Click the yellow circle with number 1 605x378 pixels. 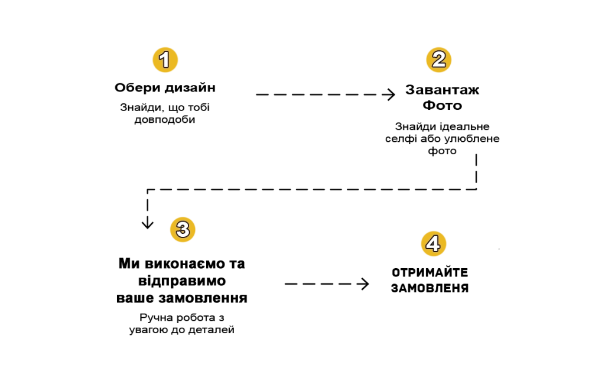pyautogui.click(x=165, y=60)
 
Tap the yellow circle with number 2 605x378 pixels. pyautogui.click(x=439, y=60)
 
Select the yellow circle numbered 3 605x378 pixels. pyautogui.click(x=183, y=230)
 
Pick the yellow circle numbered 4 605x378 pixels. pyautogui.click(x=433, y=243)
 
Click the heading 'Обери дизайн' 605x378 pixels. pyautogui.click(x=165, y=88)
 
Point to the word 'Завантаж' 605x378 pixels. pyautogui.click(x=442, y=90)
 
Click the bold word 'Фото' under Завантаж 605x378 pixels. pyautogui.click(x=442, y=105)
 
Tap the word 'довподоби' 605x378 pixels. pyautogui.click(x=165, y=119)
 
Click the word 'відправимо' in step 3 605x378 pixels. pyautogui.click(x=182, y=281)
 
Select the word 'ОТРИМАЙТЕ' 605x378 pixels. pyautogui.click(x=430, y=273)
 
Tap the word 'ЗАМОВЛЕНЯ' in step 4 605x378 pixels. pyautogui.click(x=430, y=288)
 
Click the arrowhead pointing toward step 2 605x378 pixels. pyautogui.click(x=390, y=94)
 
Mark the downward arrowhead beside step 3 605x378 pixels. pyautogui.click(x=147, y=223)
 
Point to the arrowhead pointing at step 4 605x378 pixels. pyautogui.click(x=363, y=284)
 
